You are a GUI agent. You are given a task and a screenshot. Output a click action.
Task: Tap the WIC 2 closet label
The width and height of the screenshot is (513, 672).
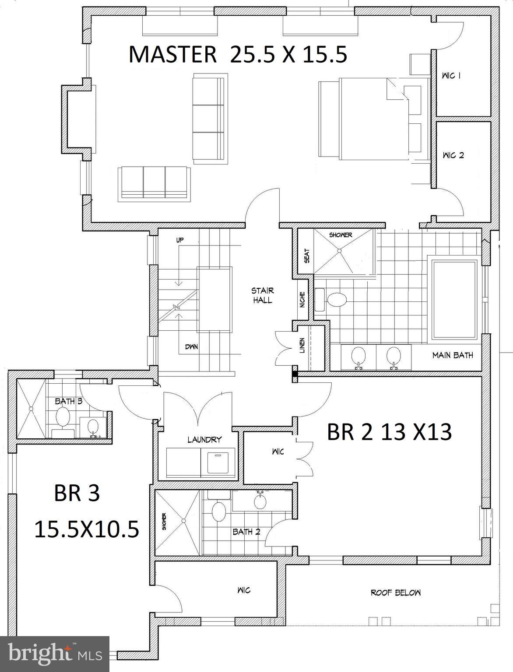pos(453,155)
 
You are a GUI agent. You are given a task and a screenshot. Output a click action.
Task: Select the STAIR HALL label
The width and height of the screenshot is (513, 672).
pos(262,295)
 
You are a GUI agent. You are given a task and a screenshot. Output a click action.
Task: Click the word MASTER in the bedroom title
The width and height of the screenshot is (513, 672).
pos(172,55)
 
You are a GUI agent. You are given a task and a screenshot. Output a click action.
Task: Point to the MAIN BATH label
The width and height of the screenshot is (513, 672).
pos(453,355)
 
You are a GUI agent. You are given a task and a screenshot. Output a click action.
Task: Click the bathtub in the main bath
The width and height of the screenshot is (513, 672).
pos(454,300)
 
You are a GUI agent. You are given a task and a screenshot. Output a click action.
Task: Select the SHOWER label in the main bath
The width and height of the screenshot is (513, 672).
pos(341,235)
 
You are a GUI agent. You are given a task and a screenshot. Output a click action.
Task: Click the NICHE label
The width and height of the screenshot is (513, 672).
pos(302,300)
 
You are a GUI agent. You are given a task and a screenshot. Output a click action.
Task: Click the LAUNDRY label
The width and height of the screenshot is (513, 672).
pos(204,440)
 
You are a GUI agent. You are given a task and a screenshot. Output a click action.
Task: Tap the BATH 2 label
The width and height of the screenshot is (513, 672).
pos(246,532)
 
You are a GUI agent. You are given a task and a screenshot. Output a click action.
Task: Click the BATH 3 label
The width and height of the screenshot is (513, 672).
pos(68,401)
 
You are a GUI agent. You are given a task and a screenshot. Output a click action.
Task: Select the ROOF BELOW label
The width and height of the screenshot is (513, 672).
pos(396,592)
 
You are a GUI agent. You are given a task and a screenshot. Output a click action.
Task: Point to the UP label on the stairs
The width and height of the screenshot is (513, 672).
pos(180,240)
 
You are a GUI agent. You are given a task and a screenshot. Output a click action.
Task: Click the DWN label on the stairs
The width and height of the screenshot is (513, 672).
pos(191,346)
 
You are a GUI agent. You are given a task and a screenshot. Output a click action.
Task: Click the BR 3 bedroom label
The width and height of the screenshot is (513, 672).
pos(77,493)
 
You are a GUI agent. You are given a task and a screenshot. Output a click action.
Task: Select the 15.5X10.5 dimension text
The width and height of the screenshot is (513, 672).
pos(87,529)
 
